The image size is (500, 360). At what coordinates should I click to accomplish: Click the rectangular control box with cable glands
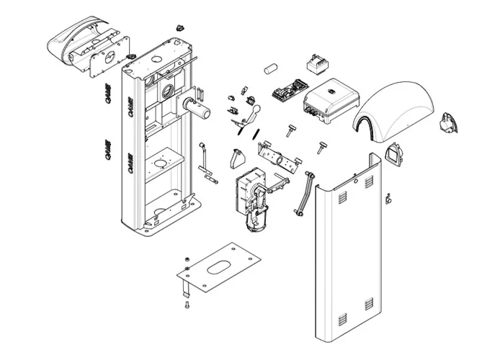click(x=332, y=104)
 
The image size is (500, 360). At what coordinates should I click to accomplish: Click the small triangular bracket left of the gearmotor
click(x=235, y=158)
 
